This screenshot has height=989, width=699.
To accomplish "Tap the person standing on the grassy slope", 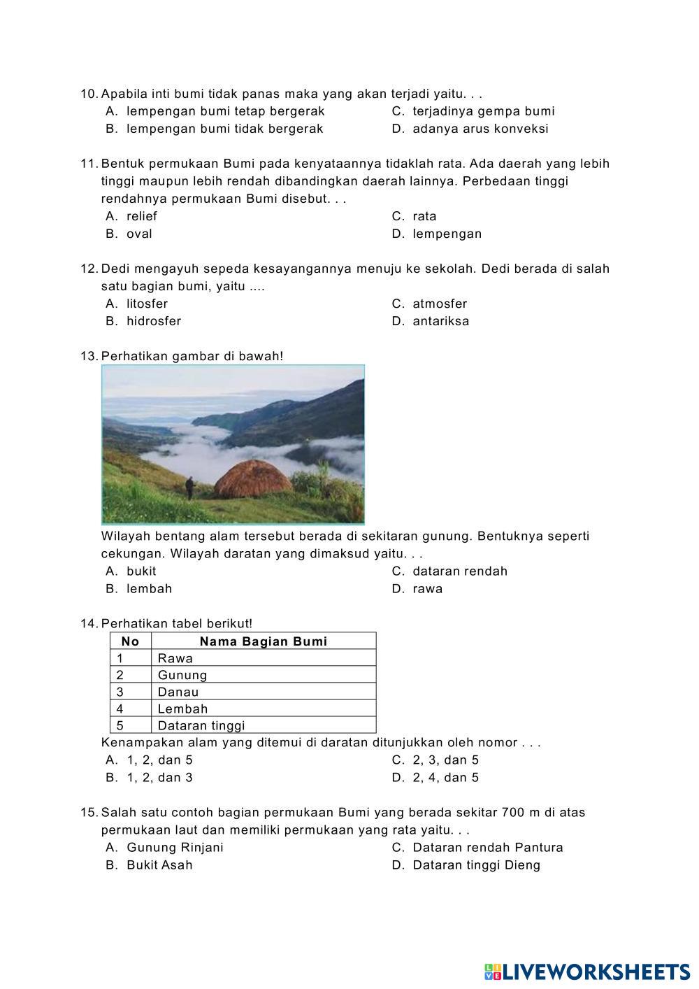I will pos(189,487).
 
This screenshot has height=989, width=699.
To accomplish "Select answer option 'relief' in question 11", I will pos(141,216).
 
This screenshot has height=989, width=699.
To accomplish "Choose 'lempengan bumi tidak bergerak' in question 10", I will pos(224,129).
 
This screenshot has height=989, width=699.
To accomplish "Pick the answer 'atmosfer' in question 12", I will pos(440,304).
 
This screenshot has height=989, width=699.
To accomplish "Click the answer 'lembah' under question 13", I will pos(149,588).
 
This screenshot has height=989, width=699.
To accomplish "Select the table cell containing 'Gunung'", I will pos(182,675).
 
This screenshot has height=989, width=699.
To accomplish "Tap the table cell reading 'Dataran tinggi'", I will pos(201,725).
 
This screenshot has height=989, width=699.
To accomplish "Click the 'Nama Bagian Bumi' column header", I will pos(264,641).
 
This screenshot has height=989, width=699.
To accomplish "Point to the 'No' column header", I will pos(131,641).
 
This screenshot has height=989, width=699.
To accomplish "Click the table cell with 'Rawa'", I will pos(175,658).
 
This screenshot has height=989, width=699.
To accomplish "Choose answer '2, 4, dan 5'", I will pos(445,777).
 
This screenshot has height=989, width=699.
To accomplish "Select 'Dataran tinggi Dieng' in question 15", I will pos(476,865).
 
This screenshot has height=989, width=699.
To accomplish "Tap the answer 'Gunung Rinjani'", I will pos(175,847).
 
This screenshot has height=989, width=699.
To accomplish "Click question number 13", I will pos(89,356).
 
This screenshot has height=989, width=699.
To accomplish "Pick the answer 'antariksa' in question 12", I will pos(440,321).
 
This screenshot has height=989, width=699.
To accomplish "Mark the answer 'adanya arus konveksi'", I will pos(480,129).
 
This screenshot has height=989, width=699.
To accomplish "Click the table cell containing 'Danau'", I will pos(178,692).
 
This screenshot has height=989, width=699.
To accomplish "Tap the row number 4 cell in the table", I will pos(120,709).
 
